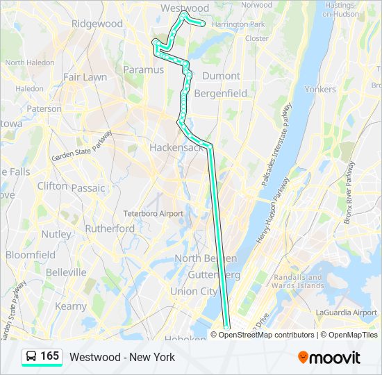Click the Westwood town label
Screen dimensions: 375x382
[x=185, y=8]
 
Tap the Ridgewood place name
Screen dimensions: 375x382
[x=97, y=24]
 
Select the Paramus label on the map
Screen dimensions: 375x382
[x=142, y=69]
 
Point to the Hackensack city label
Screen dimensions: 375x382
[x=176, y=148]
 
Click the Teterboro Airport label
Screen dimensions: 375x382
[x=153, y=213]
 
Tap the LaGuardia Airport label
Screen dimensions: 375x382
[x=346, y=312]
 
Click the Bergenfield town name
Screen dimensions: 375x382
[x=220, y=92]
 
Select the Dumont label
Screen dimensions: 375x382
[x=221, y=76]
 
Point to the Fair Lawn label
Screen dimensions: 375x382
[x=85, y=77]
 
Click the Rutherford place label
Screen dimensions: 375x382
[x=110, y=228]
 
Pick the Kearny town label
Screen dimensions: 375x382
[x=71, y=306]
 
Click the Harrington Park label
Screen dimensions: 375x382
[x=238, y=24]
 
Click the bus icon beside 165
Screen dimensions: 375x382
[x=32, y=356]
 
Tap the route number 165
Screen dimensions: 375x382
[x=50, y=356]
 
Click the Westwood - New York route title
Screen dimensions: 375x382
[x=122, y=357]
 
